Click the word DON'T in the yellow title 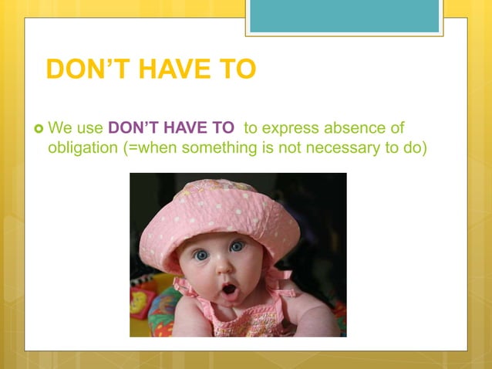pos(87,69)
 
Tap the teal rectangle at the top pos(344,15)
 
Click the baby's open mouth pos(230,290)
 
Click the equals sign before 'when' pos(132,148)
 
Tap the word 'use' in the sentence pos(89,128)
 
